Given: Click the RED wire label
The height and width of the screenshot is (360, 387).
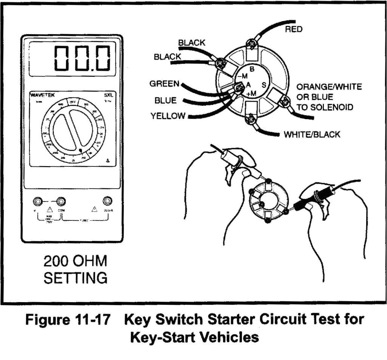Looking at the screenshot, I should pyautogui.click(x=294, y=29).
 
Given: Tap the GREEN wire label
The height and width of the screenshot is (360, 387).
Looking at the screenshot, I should pyautogui.click(x=164, y=84).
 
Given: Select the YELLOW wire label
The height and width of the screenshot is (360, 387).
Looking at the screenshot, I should pyautogui.click(x=168, y=116).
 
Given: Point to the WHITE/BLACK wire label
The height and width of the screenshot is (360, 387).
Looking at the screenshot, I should pyautogui.click(x=312, y=134).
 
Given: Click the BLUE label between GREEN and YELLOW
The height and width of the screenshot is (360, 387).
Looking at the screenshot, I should pyautogui.click(x=165, y=101).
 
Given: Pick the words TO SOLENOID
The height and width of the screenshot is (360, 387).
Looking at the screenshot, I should pyautogui.click(x=325, y=107).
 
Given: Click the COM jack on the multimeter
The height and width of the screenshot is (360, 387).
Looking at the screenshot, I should pyautogui.click(x=60, y=201).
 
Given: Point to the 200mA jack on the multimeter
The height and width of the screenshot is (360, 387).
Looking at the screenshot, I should pyautogui.click(x=108, y=201).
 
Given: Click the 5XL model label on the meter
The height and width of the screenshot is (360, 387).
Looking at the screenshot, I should pyautogui.click(x=108, y=96).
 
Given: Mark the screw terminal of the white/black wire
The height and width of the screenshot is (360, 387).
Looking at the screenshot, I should pyautogui.click(x=250, y=120).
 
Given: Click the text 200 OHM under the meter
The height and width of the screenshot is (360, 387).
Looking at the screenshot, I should pyautogui.click(x=75, y=261).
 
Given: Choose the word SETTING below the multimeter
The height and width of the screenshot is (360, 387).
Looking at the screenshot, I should pyautogui.click(x=75, y=278).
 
